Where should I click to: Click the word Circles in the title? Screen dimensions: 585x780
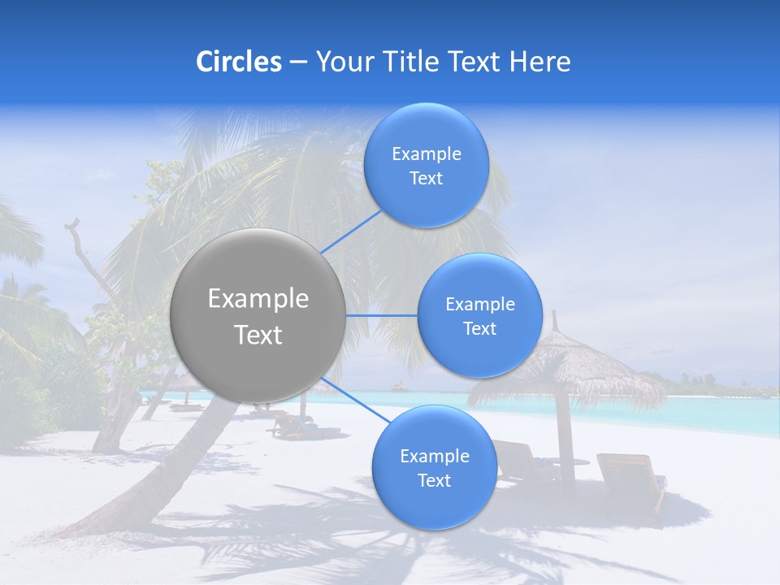(x=238, y=62)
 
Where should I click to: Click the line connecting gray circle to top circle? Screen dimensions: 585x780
(x=351, y=232)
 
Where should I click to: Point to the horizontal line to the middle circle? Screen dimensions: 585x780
(x=382, y=315)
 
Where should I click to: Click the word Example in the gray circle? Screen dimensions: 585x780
(x=258, y=299)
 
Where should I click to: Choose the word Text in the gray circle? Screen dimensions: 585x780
(x=258, y=335)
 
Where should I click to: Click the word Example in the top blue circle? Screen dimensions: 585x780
(x=426, y=154)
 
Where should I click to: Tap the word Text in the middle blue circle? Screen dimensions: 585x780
(x=479, y=329)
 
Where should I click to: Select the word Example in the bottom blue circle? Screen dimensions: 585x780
(x=434, y=457)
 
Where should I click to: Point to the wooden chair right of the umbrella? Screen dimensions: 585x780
(x=630, y=479)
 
